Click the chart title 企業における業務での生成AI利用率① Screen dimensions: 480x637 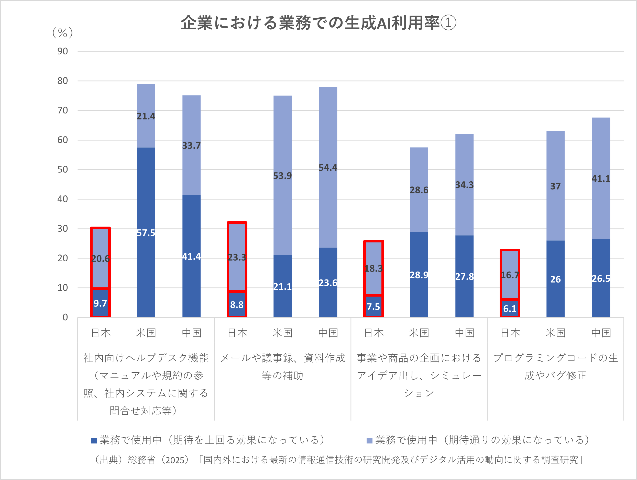point(318,23)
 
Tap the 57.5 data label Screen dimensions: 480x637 point(146,233)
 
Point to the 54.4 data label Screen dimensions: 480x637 point(328,168)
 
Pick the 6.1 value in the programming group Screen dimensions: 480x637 point(510,309)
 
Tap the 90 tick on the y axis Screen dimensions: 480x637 point(62,51)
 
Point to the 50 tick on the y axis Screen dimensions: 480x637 point(62,169)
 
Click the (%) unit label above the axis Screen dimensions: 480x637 point(62,33)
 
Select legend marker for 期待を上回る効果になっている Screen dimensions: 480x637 point(94,441)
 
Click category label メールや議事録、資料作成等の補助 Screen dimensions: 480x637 point(282,366)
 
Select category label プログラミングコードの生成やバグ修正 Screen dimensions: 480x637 point(555,366)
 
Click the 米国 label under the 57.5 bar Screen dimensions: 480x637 point(146,333)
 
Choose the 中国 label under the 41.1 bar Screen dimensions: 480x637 point(601,333)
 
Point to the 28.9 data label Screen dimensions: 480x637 point(419,275)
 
